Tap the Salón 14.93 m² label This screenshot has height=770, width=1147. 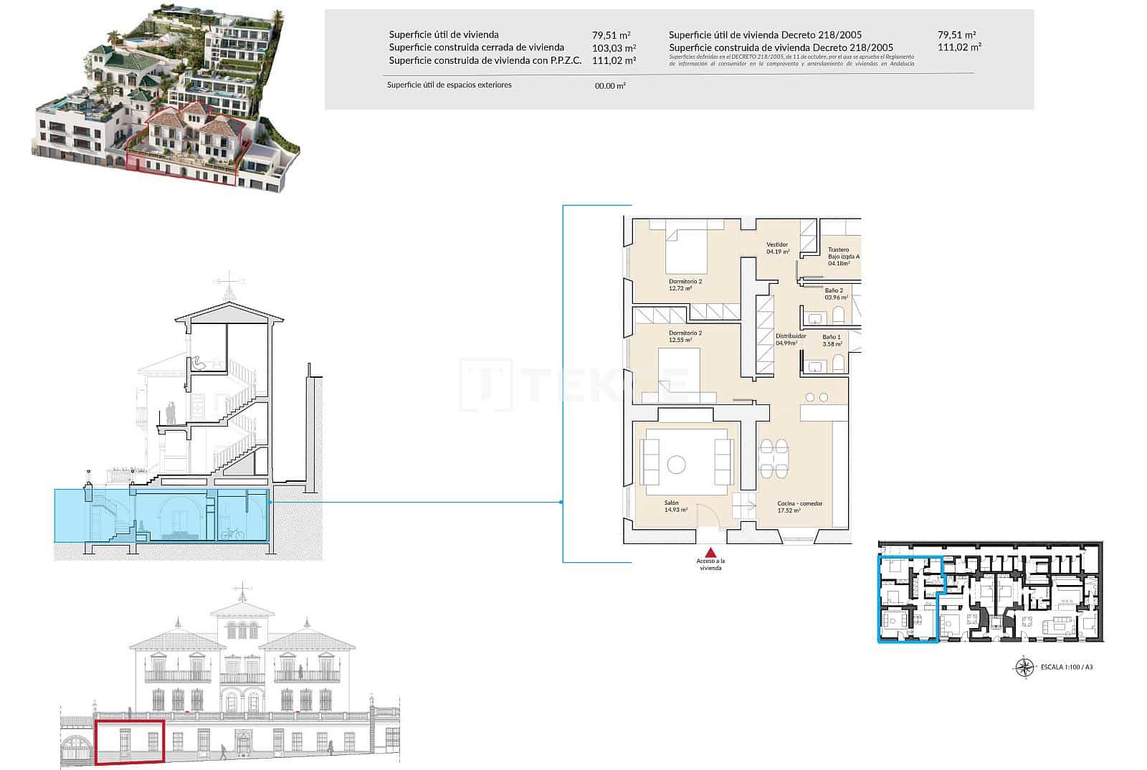point(675,507)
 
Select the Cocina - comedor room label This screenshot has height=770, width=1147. point(799,507)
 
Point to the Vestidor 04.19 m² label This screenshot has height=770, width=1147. point(778,248)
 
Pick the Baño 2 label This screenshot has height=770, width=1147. point(835,293)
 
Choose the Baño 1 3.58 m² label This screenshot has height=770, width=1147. point(832,341)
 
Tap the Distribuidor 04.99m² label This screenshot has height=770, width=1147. point(790,339)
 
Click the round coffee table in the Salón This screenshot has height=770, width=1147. point(676,465)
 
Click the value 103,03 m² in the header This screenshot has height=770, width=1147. point(614,48)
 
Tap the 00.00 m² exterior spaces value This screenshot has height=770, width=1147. point(610,86)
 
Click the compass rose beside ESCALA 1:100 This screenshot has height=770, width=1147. point(1024,667)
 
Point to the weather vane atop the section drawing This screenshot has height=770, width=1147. point(229,284)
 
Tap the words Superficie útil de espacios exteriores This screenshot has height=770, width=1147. point(449,85)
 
